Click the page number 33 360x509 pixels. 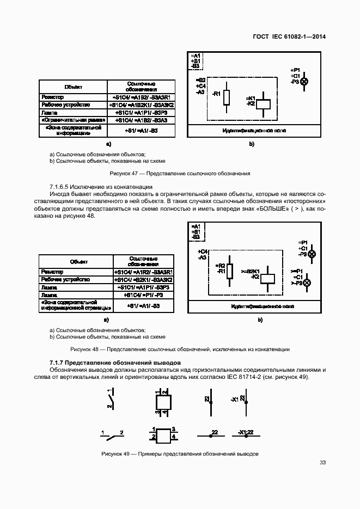(322, 463)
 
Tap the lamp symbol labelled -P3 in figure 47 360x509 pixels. (304, 81)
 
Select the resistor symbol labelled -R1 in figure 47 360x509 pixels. (227, 97)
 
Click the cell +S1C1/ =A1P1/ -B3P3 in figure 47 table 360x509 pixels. (141, 112)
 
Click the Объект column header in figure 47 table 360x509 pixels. (73, 87)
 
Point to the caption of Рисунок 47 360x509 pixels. (180, 174)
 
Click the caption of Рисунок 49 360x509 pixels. (180, 454)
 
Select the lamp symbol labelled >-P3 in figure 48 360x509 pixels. (307, 283)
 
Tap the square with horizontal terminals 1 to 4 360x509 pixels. (164, 437)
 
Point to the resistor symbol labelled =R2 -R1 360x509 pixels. (230, 270)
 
